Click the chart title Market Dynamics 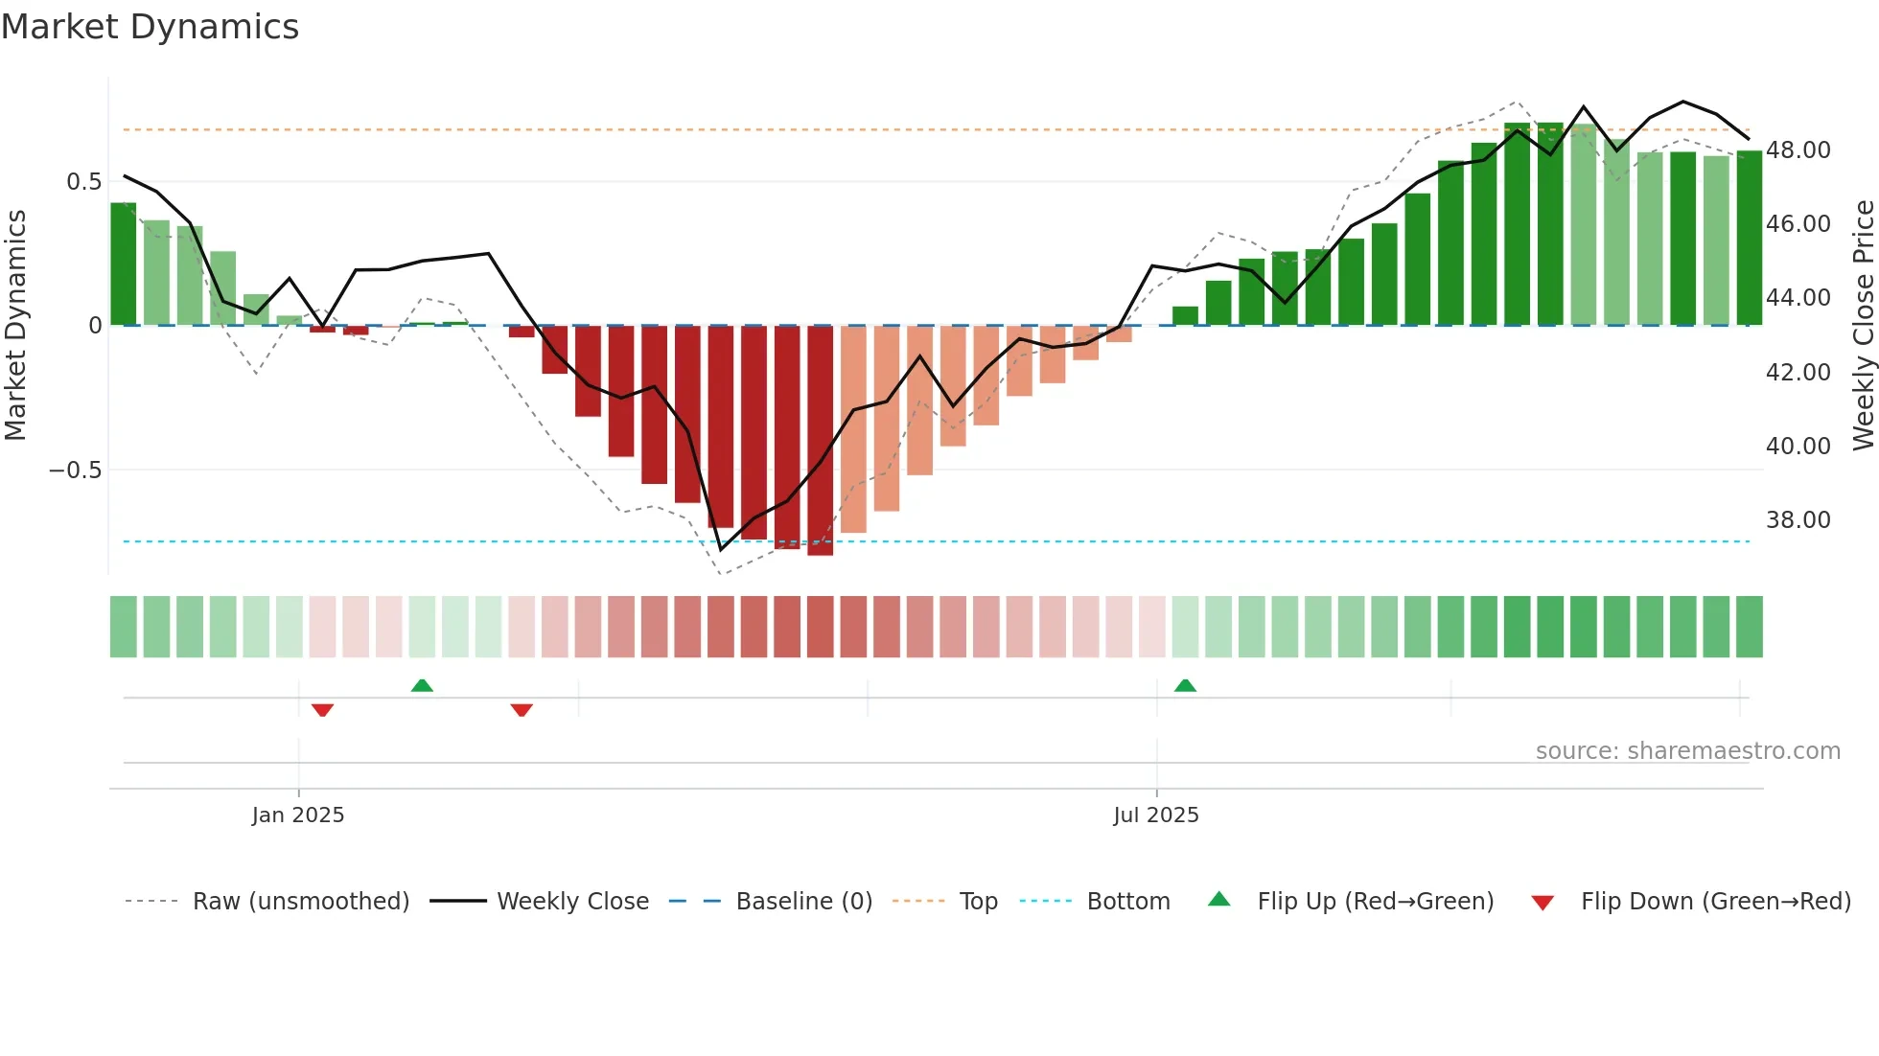(x=150, y=27)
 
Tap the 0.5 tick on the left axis (x=83, y=182)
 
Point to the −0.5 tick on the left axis (x=75, y=471)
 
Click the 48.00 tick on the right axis (x=1798, y=150)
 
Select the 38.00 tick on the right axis (x=1798, y=520)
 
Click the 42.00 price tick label (x=1798, y=373)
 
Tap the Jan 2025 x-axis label (x=298, y=815)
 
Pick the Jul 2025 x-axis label (x=1156, y=815)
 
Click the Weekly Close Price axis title (x=1863, y=325)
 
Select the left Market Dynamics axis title (x=16, y=325)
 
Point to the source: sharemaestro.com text (x=1687, y=751)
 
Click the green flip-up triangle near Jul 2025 (x=1185, y=685)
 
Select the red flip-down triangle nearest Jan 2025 (x=322, y=710)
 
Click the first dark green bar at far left (x=124, y=264)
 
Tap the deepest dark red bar (x=821, y=441)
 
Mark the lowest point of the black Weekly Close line (x=721, y=550)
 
